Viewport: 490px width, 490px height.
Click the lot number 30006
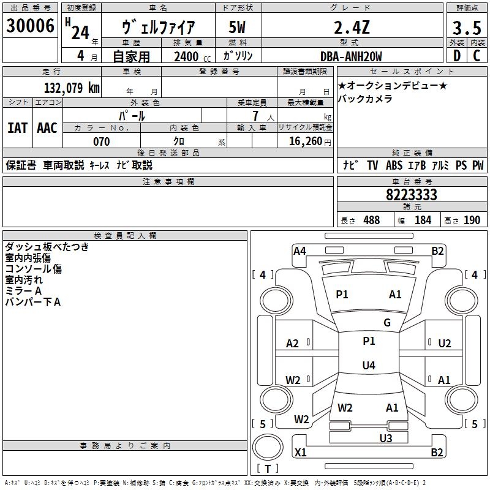click(x=30, y=26)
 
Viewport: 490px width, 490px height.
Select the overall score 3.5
click(x=467, y=28)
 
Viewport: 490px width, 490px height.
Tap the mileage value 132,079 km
click(x=72, y=88)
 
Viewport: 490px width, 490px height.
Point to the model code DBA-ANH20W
click(x=351, y=56)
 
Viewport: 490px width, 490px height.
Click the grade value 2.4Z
click(x=352, y=27)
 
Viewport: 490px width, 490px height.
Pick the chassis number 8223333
click(x=412, y=194)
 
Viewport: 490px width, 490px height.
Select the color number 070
click(x=102, y=141)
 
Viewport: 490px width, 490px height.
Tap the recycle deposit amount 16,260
click(x=305, y=141)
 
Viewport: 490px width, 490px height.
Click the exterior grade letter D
click(x=457, y=56)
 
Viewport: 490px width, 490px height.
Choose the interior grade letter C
click(x=477, y=56)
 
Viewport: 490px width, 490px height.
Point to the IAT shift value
click(x=18, y=128)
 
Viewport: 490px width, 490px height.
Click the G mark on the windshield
click(x=387, y=322)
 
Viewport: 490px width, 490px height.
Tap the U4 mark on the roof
click(x=369, y=365)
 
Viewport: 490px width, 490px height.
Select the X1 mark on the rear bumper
click(x=301, y=452)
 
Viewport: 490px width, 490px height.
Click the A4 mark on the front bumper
click(x=300, y=251)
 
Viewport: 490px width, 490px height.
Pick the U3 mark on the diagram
click(x=386, y=438)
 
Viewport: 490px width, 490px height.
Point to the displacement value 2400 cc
click(x=192, y=57)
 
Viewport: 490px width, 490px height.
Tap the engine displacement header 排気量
click(x=188, y=43)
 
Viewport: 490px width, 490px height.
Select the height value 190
click(x=472, y=220)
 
